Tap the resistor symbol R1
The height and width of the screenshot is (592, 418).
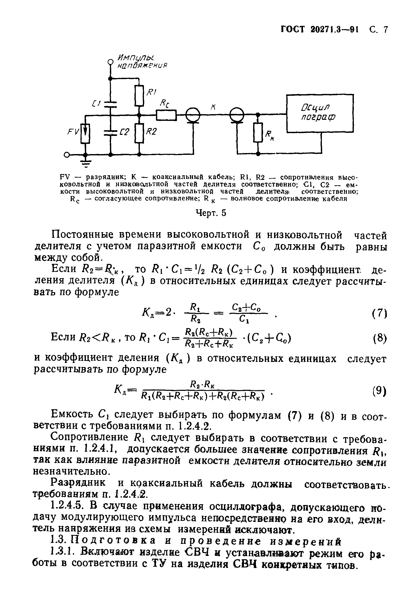[x=139, y=96]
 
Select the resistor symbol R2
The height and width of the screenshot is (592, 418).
[x=139, y=133]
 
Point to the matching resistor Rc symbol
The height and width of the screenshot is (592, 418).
[x=166, y=115]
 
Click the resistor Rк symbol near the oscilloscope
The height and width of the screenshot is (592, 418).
[x=258, y=133]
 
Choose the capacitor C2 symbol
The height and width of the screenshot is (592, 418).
[x=110, y=133]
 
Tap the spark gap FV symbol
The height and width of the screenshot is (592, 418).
[x=85, y=134]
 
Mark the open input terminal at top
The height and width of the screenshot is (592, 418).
[x=110, y=62]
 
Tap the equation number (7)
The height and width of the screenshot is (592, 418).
[x=379, y=314]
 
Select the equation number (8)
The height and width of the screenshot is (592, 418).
[x=379, y=338]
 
